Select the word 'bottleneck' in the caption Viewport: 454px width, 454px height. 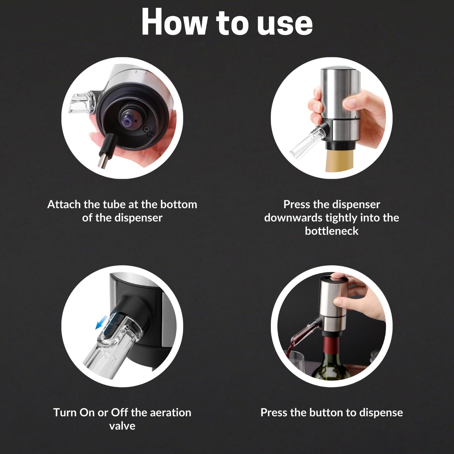[x=331, y=231]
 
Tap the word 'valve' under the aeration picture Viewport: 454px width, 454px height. [x=122, y=426]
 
